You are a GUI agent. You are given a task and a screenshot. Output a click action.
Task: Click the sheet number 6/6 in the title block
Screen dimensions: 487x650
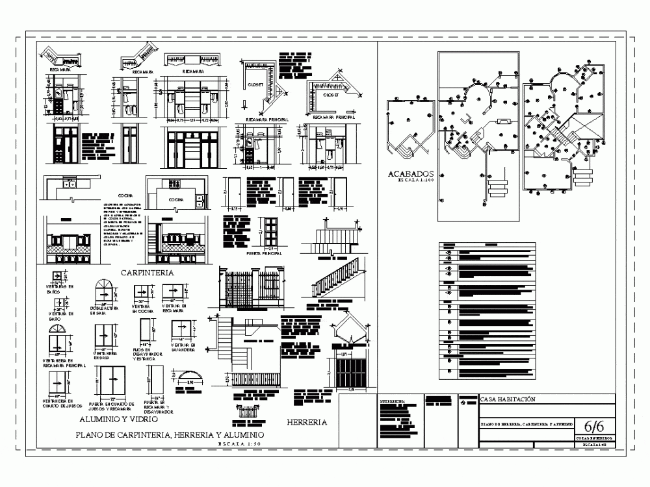[x=595, y=427]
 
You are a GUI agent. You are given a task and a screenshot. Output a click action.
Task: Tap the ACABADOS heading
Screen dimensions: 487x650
[x=411, y=174]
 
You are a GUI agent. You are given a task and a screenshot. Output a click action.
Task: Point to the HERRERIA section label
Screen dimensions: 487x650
[x=306, y=422]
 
